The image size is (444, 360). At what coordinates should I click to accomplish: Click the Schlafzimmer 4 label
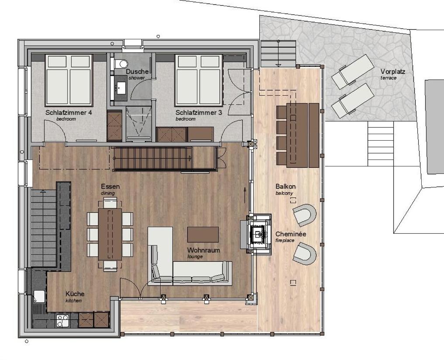69,113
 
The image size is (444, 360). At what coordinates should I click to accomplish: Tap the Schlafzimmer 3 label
199,113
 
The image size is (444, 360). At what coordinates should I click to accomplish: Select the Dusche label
138,72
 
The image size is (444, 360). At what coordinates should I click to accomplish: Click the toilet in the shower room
121,64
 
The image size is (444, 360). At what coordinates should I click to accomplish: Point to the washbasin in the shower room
121,87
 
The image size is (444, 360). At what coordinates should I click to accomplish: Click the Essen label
110,187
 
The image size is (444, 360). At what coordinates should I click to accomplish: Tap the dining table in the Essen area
110,235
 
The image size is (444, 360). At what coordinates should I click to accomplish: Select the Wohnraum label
203,250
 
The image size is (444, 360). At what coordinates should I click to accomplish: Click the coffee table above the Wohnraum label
203,235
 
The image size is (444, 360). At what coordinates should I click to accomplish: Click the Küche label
75,294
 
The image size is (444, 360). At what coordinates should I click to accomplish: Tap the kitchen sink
39,296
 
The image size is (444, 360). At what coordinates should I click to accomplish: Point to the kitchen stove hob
62,321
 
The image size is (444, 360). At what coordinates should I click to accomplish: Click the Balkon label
286,187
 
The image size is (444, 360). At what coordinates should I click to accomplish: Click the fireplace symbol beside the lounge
258,234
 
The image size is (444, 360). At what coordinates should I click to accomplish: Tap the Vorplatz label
393,72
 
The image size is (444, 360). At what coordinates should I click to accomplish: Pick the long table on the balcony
297,135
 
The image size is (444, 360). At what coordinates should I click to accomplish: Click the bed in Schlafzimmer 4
69,80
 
